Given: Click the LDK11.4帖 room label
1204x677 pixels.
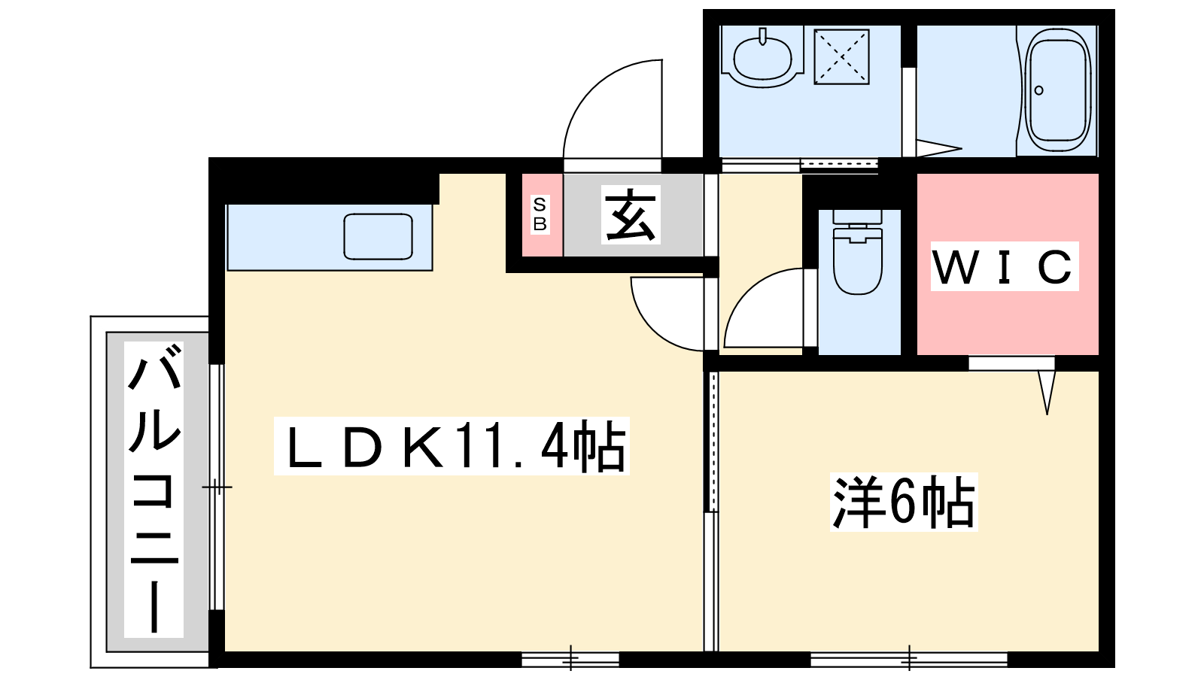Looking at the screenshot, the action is pyautogui.click(x=451, y=446).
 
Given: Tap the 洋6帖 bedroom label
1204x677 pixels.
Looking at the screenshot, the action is pyautogui.click(x=904, y=502).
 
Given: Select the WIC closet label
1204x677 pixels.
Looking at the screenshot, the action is pyautogui.click(x=1005, y=266).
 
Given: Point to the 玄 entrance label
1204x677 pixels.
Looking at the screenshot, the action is pyautogui.click(x=631, y=215).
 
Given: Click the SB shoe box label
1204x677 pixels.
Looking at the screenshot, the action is pyautogui.click(x=540, y=214).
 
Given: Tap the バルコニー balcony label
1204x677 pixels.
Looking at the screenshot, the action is pyautogui.click(x=154, y=489).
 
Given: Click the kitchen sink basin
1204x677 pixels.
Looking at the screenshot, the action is pyautogui.click(x=379, y=237).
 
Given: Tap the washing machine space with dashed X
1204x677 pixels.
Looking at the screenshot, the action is pyautogui.click(x=842, y=57).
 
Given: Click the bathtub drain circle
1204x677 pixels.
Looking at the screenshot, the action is pyautogui.click(x=1039, y=90).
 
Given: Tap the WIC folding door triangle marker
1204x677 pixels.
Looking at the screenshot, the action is pyautogui.click(x=1047, y=392).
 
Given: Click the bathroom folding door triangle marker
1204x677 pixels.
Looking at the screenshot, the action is pyautogui.click(x=938, y=149).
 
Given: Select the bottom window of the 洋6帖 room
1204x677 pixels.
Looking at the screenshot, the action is pyautogui.click(x=909, y=659).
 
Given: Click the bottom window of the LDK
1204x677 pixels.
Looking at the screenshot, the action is pyautogui.click(x=570, y=659).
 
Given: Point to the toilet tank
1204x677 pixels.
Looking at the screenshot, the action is pyautogui.click(x=857, y=217).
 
